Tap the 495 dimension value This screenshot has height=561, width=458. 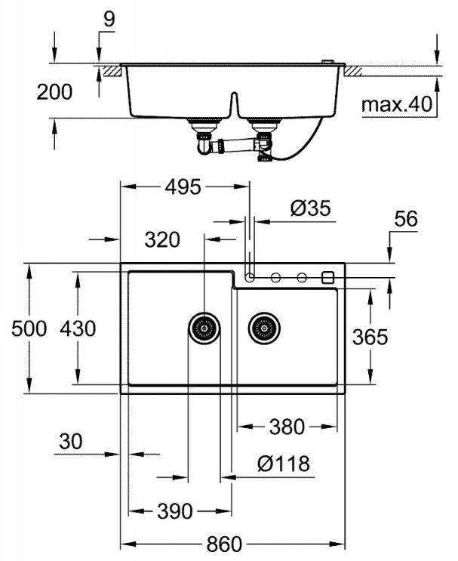pyautogui.click(x=184, y=186)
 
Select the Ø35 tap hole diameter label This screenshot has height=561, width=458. pyautogui.click(x=310, y=209)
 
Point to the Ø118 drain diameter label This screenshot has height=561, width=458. pyautogui.click(x=283, y=463)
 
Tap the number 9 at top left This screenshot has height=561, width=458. pyautogui.click(x=109, y=20)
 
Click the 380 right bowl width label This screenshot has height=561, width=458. pyautogui.click(x=287, y=427)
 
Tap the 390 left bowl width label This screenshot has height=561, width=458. pyautogui.click(x=175, y=511)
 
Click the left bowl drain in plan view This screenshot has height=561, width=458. pyautogui.click(x=204, y=328)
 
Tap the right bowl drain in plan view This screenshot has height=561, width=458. pyautogui.click(x=264, y=328)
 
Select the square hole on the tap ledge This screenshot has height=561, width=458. pyautogui.click(x=328, y=276)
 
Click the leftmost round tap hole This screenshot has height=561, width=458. pyautogui.click(x=251, y=276)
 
